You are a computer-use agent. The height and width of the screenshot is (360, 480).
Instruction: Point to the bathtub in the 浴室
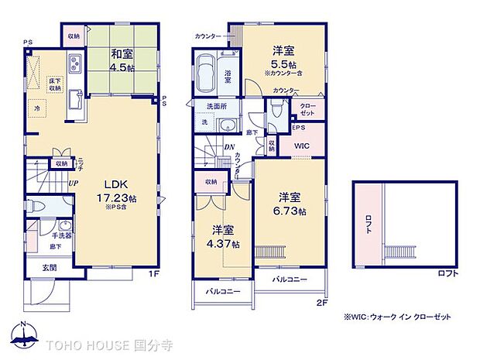tap(207, 75)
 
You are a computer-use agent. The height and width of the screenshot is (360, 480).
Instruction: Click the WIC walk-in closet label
tap(303, 146)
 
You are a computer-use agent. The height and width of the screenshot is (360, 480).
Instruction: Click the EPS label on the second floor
tap(298, 127)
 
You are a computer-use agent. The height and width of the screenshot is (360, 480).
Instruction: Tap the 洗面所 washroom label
tap(215, 107)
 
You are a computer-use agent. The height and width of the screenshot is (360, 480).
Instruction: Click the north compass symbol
tap(25, 334)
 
